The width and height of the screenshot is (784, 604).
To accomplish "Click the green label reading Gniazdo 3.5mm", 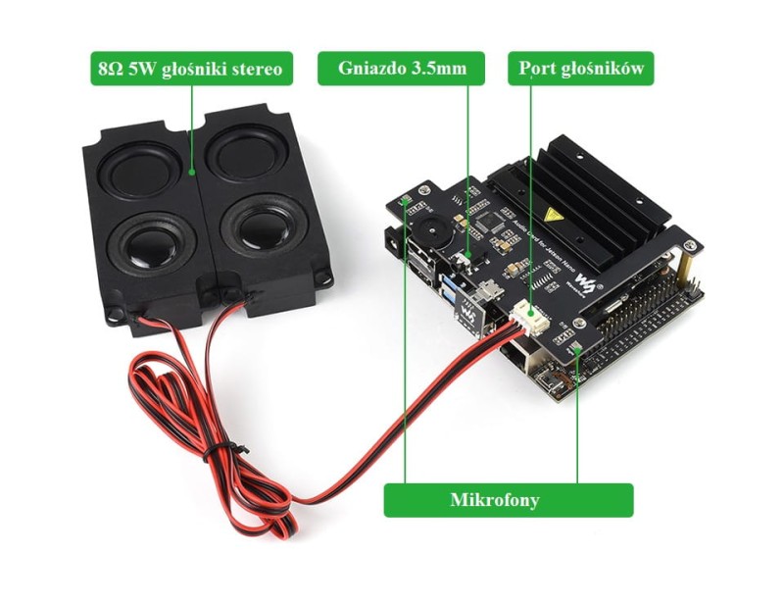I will [401, 69].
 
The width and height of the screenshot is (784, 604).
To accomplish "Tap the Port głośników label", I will [581, 69].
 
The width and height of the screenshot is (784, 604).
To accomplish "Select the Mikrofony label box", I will [508, 500].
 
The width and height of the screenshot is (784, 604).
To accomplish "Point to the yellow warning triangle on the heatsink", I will [554, 214].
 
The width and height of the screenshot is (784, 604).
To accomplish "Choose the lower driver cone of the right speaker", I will [257, 225].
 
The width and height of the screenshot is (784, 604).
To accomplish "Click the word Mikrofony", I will [508, 500].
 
